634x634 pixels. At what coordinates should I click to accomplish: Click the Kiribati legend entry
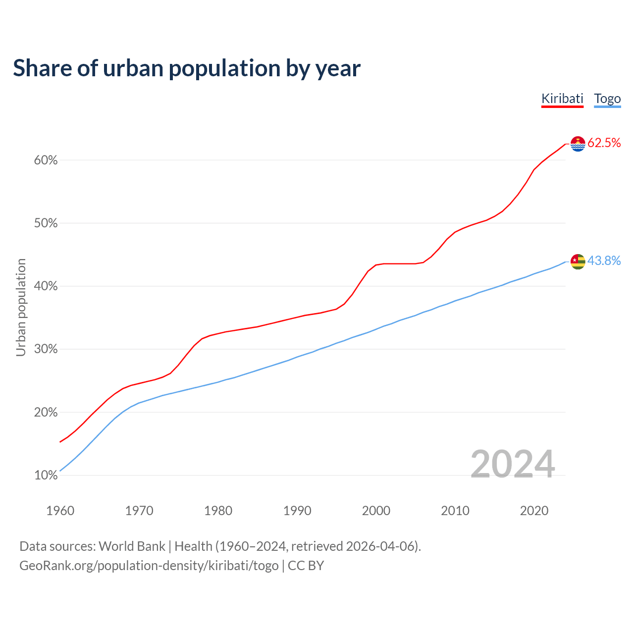(x=562, y=99)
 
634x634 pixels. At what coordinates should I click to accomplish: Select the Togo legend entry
(x=607, y=99)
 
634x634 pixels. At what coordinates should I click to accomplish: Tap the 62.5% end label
(x=604, y=143)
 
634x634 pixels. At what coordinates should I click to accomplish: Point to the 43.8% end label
(x=604, y=261)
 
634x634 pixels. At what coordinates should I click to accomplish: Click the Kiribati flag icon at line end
(x=578, y=144)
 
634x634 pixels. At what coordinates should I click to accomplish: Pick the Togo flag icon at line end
(x=578, y=261)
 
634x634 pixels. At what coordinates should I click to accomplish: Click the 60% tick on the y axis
(x=46, y=160)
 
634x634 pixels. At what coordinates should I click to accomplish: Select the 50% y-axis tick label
(x=46, y=223)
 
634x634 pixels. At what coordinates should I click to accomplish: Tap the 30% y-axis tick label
(x=46, y=349)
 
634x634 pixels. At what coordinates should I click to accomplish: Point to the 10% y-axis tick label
(x=46, y=475)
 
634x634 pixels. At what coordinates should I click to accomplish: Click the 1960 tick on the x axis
(x=60, y=511)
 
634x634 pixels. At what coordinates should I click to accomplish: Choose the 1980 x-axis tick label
(x=218, y=511)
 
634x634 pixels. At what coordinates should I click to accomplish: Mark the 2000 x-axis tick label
(x=376, y=511)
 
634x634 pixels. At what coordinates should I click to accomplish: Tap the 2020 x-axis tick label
(x=534, y=511)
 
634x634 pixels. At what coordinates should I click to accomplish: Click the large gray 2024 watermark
(x=512, y=464)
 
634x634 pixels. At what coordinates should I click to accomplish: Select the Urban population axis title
(x=21, y=307)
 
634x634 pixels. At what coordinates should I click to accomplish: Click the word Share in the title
(x=42, y=68)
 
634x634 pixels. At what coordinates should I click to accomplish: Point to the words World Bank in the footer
(x=132, y=546)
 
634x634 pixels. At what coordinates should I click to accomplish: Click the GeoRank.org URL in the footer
(x=149, y=566)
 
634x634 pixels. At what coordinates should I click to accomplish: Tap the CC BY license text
(x=306, y=566)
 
